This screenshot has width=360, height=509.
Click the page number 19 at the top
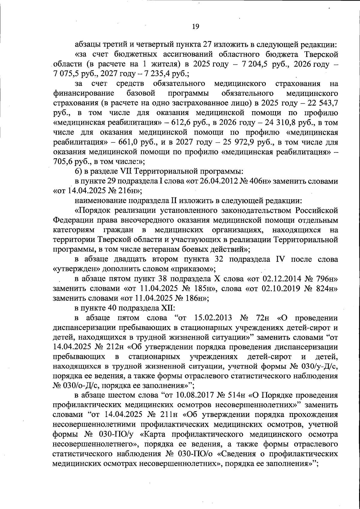[x=195, y=26]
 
